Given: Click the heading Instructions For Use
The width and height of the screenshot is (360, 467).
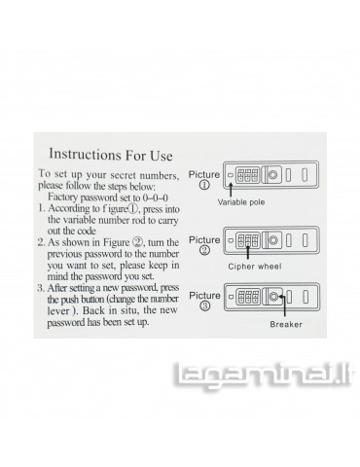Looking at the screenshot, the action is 111,155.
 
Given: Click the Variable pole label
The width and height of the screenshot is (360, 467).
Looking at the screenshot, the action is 241,202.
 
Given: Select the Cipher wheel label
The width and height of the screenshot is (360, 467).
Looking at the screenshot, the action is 255,267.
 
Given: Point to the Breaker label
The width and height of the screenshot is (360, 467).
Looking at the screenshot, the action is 286,324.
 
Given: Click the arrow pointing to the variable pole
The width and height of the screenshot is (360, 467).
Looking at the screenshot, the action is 231,190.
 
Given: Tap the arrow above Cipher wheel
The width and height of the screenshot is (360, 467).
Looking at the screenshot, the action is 248,253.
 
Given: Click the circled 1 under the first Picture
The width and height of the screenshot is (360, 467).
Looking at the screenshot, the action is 204,185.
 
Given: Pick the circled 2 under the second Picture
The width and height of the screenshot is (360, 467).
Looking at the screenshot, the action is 204,250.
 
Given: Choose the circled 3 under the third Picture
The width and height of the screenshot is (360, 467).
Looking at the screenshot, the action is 204,305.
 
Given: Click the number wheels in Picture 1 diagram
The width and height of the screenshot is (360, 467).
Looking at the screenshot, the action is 248,175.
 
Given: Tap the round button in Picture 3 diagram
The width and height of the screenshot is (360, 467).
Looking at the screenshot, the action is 273,297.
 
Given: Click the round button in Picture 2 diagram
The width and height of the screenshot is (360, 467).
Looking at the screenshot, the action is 273,240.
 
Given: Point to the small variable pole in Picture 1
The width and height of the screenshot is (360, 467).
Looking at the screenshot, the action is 231,175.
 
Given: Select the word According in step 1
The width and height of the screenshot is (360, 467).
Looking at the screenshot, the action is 70,208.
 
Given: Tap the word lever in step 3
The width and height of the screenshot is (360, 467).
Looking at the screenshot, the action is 58,310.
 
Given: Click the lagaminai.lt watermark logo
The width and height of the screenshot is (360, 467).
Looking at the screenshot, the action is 262,377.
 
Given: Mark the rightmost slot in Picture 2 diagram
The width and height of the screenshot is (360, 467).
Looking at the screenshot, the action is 306,240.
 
